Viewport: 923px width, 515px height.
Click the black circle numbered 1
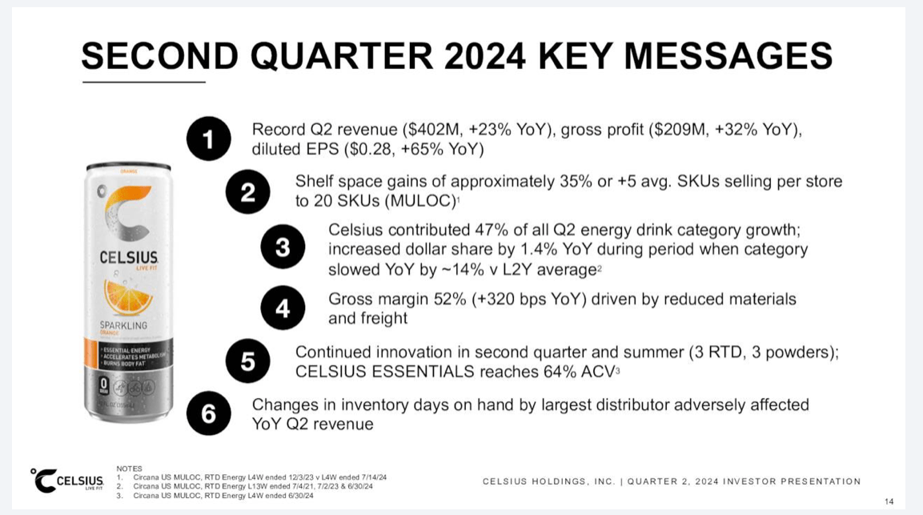[209, 139]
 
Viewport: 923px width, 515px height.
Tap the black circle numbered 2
[247, 192]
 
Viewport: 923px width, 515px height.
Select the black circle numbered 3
[283, 247]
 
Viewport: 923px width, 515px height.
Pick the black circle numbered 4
[283, 308]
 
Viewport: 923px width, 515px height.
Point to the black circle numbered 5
[247, 362]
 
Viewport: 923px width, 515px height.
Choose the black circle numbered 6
[209, 414]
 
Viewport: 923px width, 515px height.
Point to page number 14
[889, 502]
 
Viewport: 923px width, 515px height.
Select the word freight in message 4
[383, 318]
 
